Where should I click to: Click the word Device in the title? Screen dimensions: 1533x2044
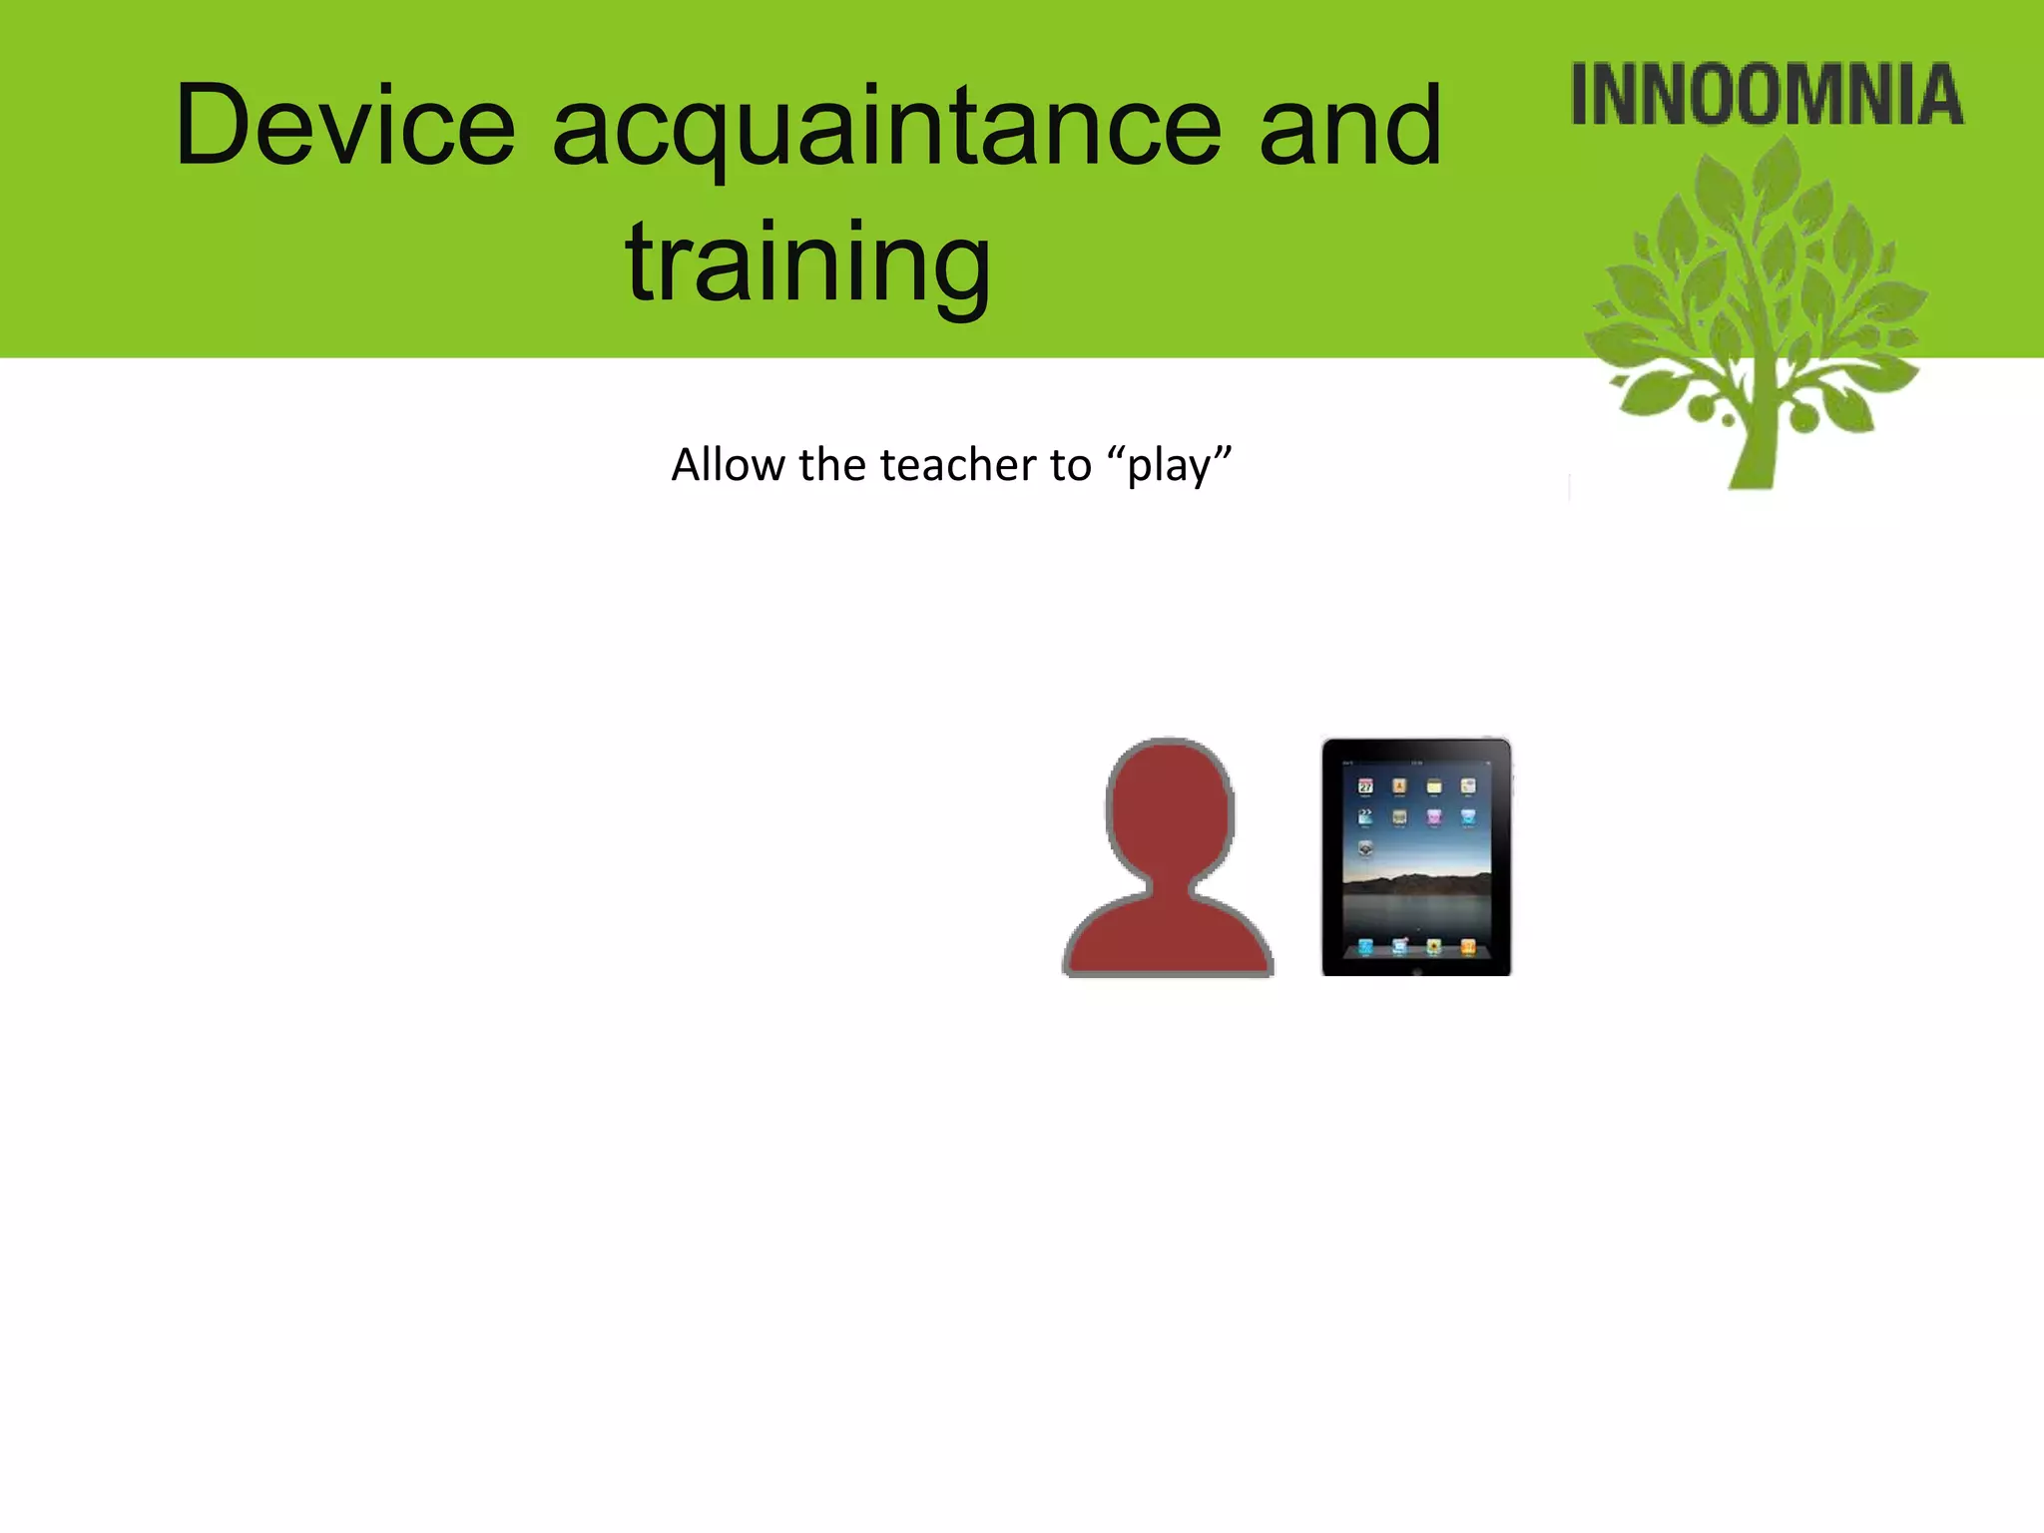[344, 127]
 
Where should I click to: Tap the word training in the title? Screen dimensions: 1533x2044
[807, 263]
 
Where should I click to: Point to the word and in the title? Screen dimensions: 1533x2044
[1349, 127]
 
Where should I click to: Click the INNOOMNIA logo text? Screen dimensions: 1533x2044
[1767, 96]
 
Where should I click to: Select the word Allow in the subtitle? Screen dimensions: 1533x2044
[728, 465]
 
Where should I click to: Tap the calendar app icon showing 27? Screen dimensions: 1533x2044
[1365, 786]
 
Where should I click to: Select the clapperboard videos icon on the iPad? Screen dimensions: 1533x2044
[1365, 817]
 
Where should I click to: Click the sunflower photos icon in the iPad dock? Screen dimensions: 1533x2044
[1433, 946]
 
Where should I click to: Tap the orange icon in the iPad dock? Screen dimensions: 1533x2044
[1467, 946]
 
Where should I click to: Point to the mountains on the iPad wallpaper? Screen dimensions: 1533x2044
[1416, 882]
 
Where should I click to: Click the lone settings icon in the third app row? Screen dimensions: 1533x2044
[1365, 849]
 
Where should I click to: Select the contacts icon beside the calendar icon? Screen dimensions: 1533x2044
[1399, 786]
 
